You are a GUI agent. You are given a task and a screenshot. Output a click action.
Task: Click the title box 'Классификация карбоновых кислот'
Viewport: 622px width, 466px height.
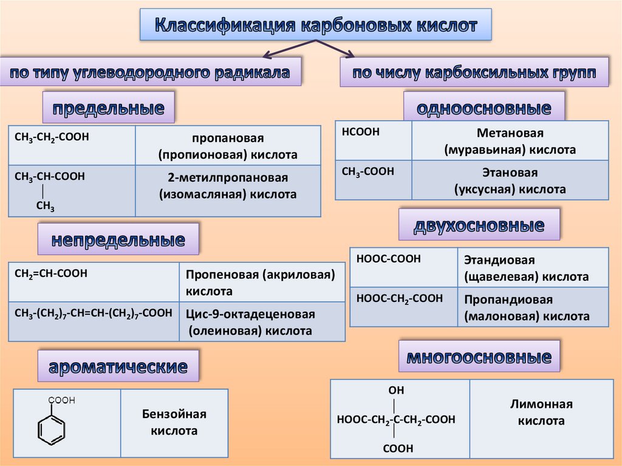[315, 25]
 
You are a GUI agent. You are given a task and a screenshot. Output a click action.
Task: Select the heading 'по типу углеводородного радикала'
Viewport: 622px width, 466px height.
[151, 74]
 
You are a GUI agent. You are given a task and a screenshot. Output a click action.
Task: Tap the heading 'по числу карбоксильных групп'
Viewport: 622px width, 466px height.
[474, 74]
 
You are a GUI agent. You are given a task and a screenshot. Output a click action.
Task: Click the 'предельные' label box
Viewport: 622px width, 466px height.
[108, 108]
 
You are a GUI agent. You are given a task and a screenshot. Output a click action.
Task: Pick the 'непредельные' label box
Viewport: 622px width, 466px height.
[118, 239]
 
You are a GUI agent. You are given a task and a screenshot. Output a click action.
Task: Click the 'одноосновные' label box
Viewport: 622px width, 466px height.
[484, 108]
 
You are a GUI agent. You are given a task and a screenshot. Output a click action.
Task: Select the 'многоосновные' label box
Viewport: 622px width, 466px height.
[479, 357]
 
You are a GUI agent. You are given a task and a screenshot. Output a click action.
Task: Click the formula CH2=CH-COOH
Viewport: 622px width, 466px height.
[51, 274]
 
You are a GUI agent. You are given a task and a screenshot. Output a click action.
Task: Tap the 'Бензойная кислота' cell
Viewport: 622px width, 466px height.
[174, 423]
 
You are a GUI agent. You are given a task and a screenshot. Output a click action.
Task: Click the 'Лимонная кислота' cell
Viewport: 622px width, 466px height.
[541, 413]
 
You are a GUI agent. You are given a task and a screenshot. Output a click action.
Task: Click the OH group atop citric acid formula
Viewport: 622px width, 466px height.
[396, 390]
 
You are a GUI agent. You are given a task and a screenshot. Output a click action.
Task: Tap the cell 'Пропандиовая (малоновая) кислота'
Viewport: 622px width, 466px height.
[527, 308]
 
